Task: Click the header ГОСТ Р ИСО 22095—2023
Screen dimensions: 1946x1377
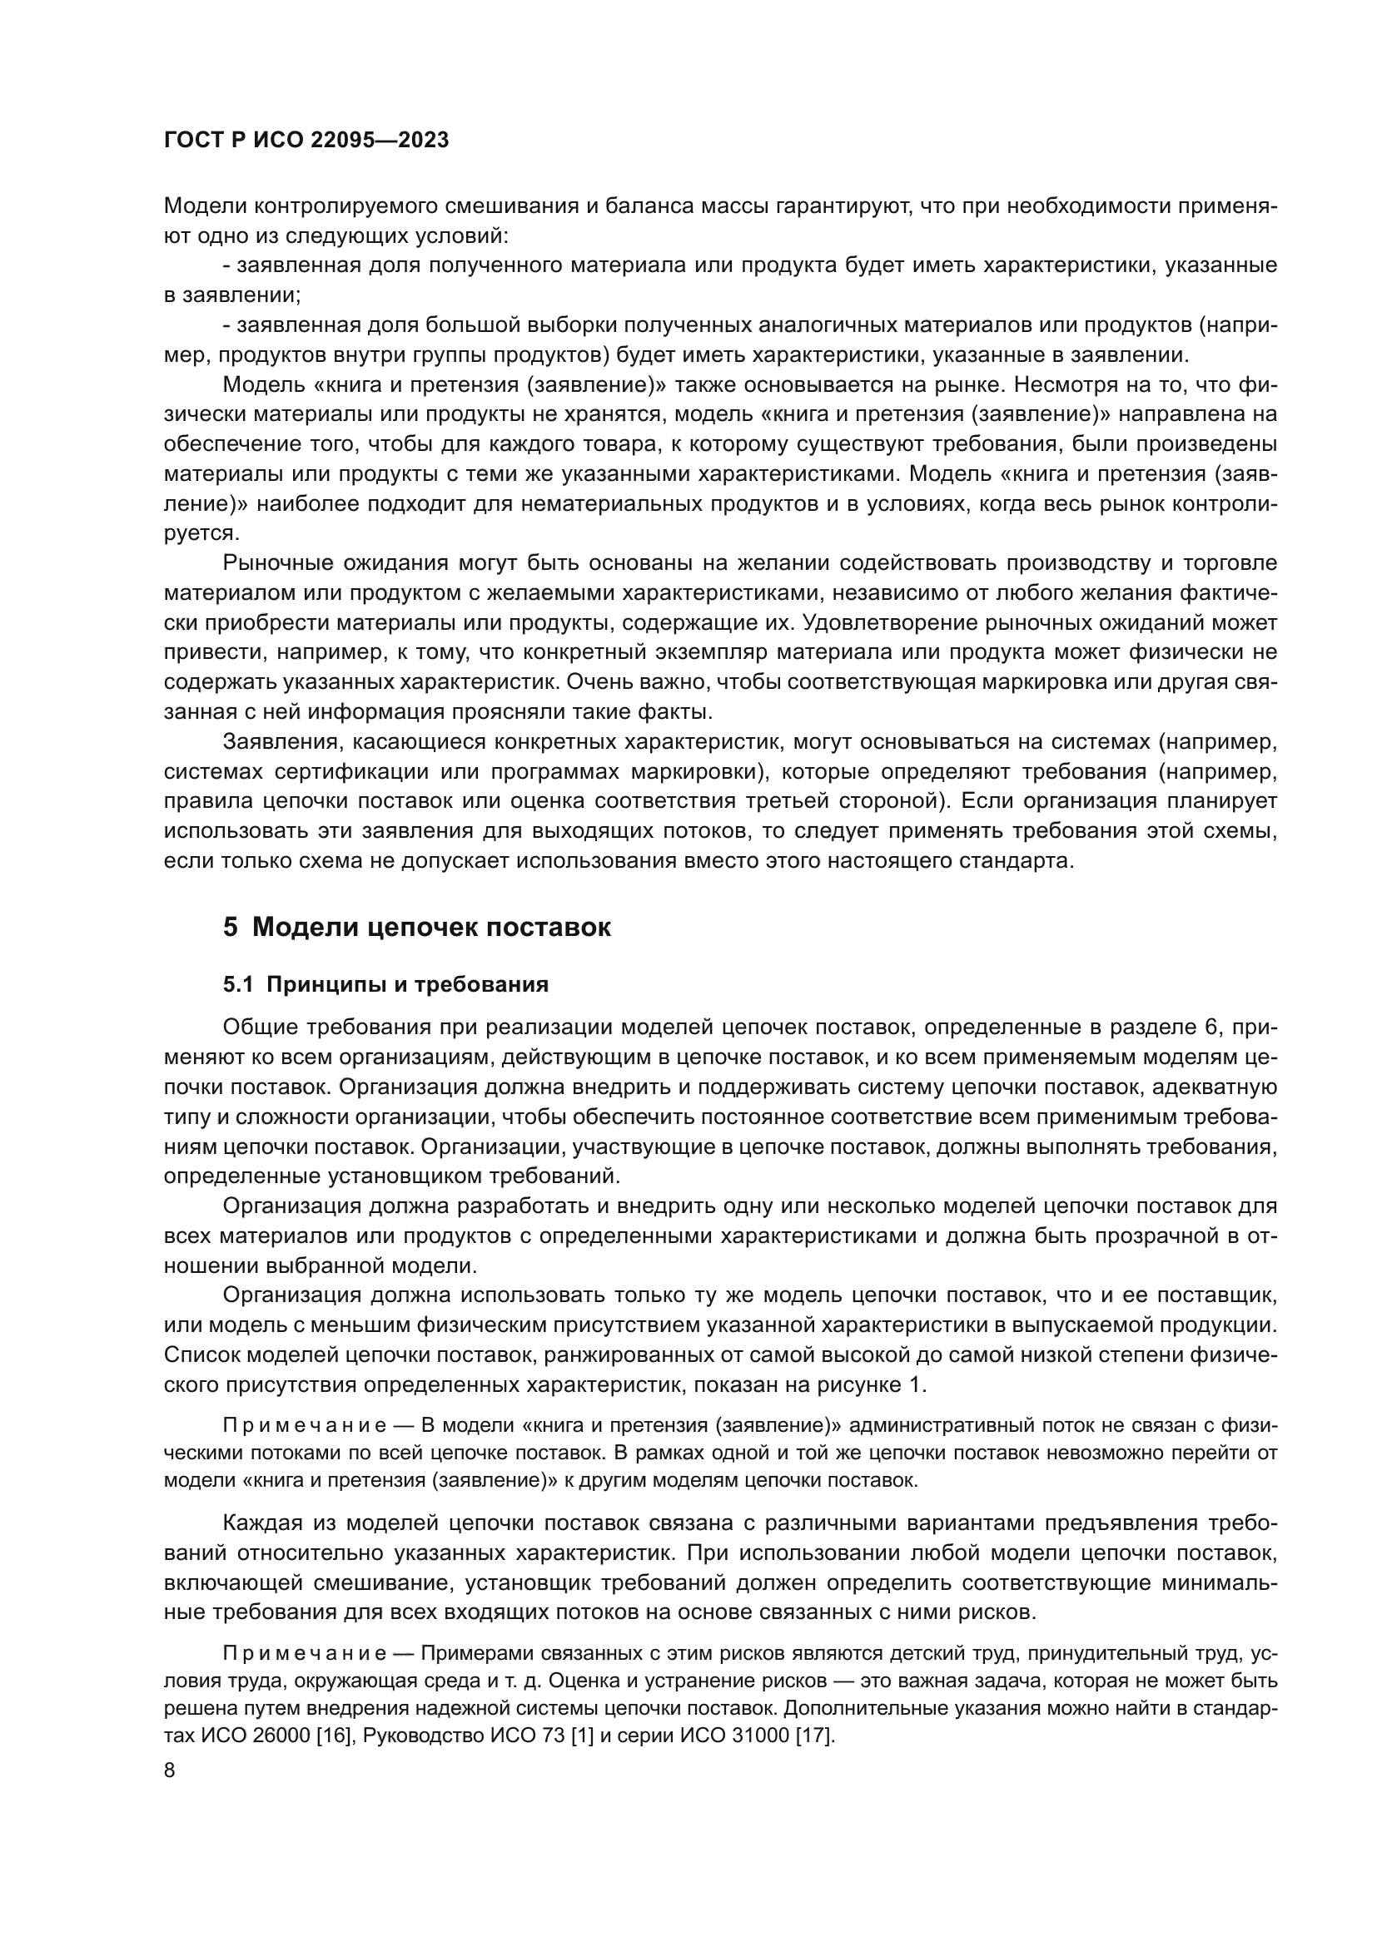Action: (306, 141)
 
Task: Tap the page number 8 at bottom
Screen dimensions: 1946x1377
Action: (170, 1770)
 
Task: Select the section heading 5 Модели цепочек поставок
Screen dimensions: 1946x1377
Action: (416, 927)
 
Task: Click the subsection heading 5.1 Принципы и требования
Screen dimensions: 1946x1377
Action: (385, 984)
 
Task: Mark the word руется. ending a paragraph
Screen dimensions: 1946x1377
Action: (201, 533)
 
